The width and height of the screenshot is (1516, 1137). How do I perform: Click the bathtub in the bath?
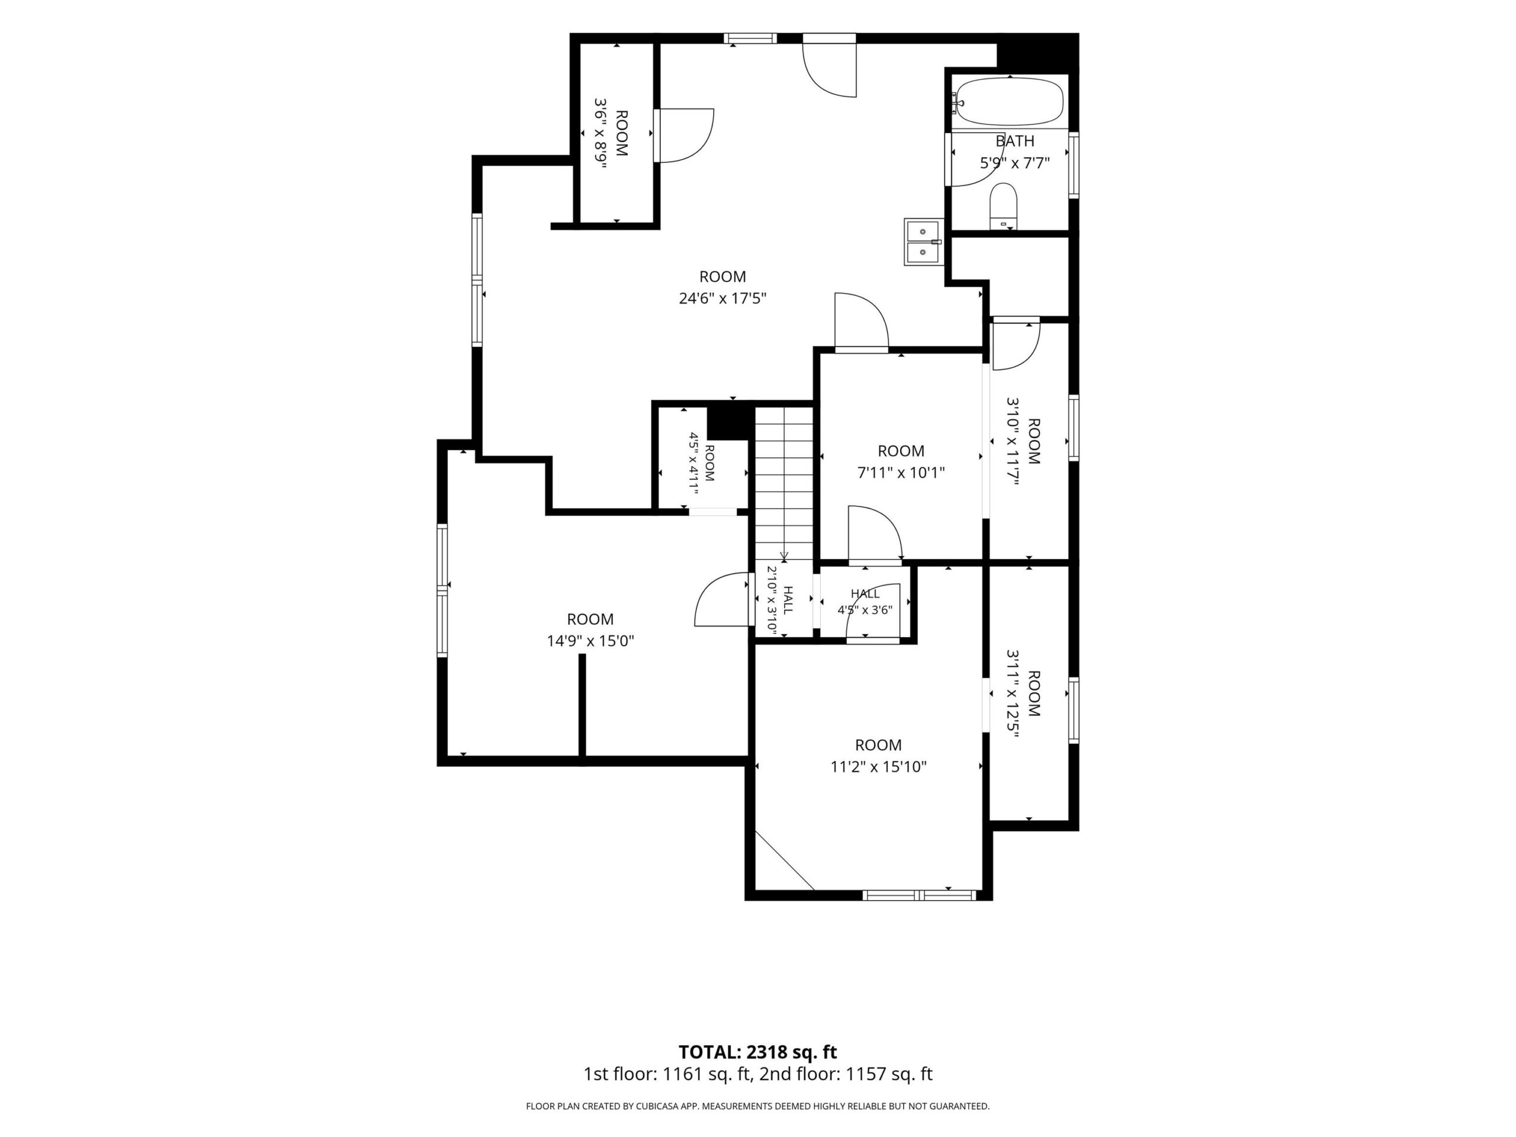[1010, 102]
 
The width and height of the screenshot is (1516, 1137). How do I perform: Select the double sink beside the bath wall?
[923, 242]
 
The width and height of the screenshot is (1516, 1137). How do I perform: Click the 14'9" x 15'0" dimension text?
[590, 641]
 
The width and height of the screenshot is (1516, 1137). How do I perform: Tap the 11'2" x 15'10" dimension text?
[879, 767]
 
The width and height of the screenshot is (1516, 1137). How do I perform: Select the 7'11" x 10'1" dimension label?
[901, 472]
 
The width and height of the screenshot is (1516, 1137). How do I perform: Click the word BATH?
[1015, 141]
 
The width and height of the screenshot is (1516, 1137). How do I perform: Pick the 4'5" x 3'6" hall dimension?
[865, 610]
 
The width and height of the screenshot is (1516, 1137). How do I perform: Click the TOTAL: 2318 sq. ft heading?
[757, 1052]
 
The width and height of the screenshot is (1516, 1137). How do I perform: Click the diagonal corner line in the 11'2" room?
[784, 861]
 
